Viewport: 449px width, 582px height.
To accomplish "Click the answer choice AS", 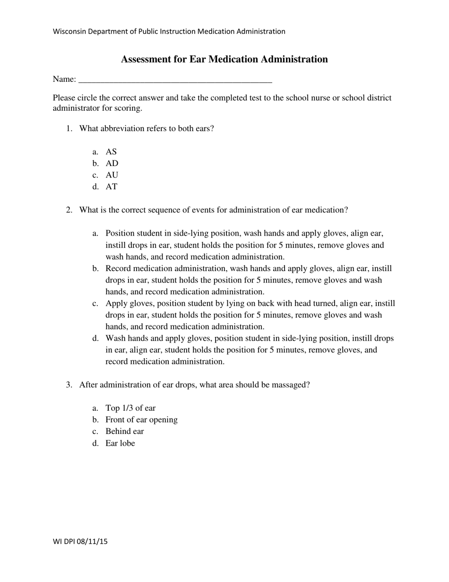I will (x=111, y=152).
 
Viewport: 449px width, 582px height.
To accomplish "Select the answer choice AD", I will (x=112, y=164).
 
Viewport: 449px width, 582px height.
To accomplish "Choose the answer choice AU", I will (x=112, y=175).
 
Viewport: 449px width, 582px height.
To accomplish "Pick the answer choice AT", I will (x=111, y=187).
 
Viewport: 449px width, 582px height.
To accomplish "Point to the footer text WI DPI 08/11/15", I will (x=80, y=542).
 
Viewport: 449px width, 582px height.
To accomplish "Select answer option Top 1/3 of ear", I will (x=130, y=408).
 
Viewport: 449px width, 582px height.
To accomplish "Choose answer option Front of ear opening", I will (x=141, y=420).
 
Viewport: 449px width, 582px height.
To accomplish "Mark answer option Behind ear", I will (x=125, y=432).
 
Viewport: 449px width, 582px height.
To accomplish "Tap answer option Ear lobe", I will (x=120, y=443).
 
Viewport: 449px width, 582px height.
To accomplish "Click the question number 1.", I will (x=69, y=129).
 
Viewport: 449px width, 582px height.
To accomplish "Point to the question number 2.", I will (x=69, y=210).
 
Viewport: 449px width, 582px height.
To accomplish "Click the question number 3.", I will (x=69, y=385).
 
